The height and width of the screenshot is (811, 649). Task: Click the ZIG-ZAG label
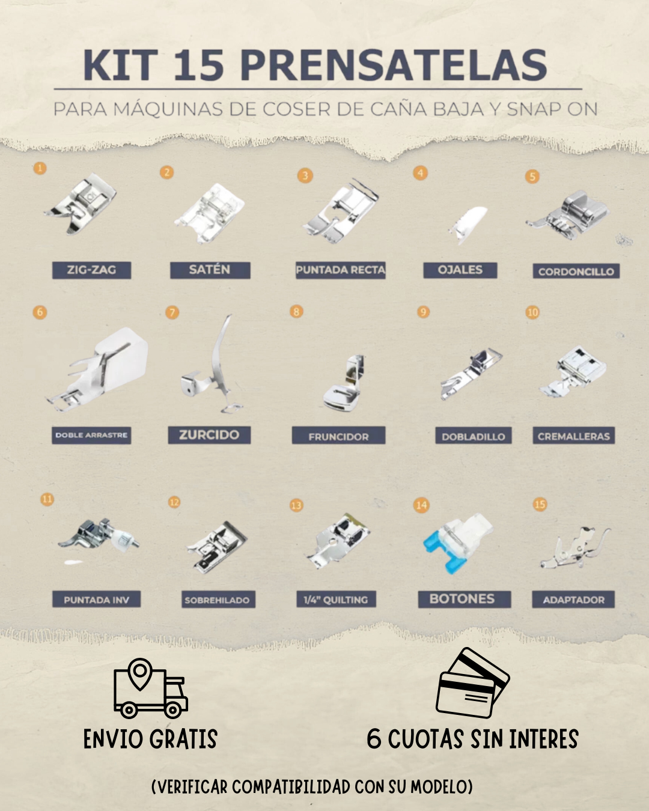coord(91,270)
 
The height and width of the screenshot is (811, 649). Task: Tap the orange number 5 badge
coord(532,177)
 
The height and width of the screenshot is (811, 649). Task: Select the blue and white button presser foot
coord(457,542)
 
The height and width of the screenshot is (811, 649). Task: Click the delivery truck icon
coord(150,688)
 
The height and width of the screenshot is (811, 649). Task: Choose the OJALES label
coord(460,270)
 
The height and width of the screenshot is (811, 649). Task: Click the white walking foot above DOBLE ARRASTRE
coord(98,369)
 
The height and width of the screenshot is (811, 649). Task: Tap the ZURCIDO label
coord(209,435)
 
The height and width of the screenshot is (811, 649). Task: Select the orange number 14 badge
coord(421,505)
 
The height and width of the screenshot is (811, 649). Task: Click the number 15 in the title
coord(199,65)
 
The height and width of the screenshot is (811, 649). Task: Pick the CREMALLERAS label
coord(573,436)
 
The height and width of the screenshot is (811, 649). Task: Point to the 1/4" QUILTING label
coord(336,600)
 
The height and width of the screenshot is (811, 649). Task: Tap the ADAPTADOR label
coord(573,600)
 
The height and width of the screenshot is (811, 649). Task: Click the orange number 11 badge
coord(47,499)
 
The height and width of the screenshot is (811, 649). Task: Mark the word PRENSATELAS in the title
coord(396,65)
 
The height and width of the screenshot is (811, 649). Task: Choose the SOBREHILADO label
coord(218,600)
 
